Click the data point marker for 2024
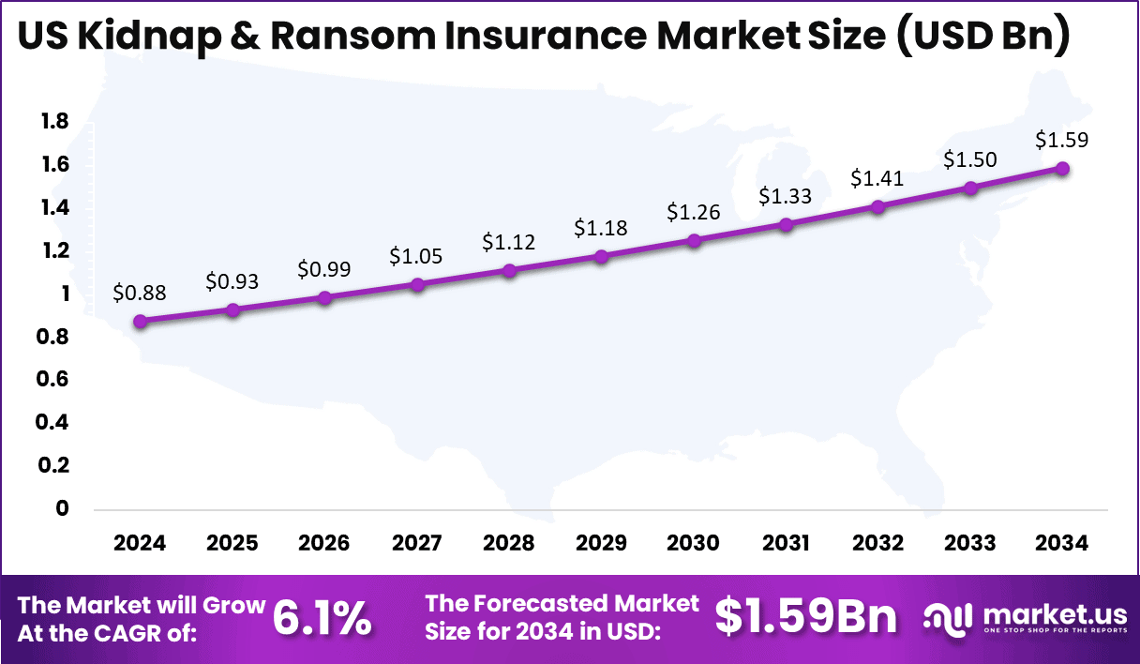[x=140, y=321]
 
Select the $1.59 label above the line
[x=1062, y=140]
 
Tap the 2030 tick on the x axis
[x=694, y=544]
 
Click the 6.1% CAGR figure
[x=322, y=619]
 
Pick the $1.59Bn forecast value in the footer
[x=805, y=618]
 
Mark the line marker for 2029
[x=601, y=256]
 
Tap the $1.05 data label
[x=416, y=256]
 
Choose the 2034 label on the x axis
[x=1062, y=544]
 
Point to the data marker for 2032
[x=877, y=206]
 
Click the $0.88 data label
[x=139, y=293]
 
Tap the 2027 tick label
[x=416, y=544]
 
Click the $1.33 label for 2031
[x=786, y=196]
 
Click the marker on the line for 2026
[x=324, y=297]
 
